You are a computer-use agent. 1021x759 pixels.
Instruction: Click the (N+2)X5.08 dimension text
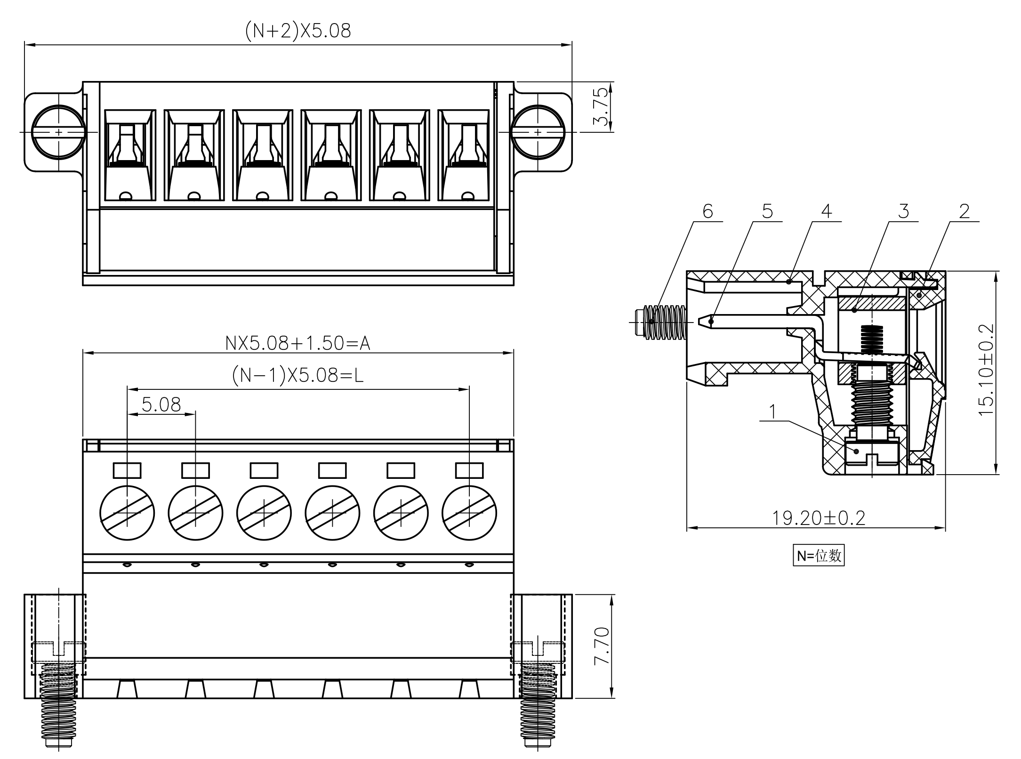point(298,31)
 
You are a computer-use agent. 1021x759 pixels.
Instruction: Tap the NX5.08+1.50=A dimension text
point(298,343)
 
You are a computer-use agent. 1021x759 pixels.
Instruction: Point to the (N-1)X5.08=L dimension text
point(298,375)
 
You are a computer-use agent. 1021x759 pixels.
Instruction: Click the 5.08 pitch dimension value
point(161,404)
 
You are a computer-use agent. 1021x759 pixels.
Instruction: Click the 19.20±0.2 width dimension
point(819,518)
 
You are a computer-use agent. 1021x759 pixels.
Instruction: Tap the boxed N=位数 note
point(819,556)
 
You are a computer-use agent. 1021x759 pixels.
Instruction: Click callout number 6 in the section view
point(707,211)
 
